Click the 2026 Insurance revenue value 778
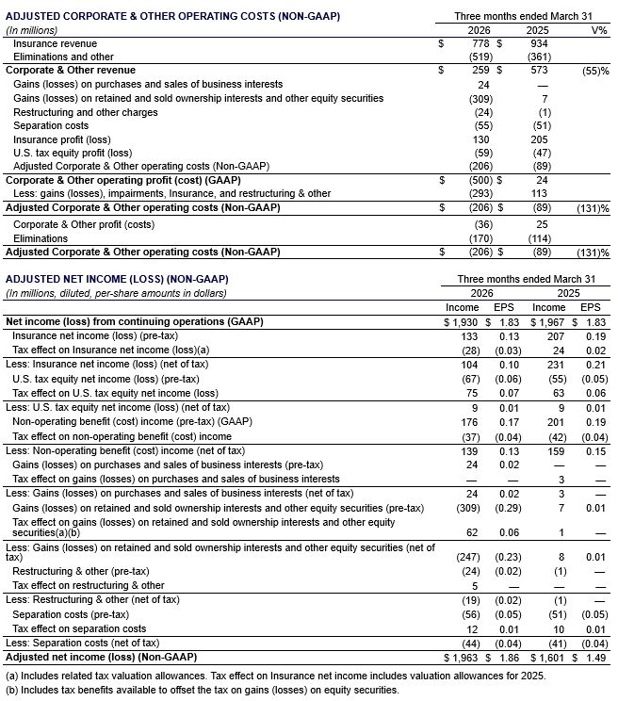click(x=480, y=43)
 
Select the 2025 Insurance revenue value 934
click(x=540, y=43)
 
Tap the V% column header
click(x=598, y=29)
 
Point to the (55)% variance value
click(x=595, y=71)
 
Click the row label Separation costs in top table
click(x=51, y=125)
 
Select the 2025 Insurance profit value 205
click(x=540, y=139)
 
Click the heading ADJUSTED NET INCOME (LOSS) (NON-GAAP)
click(x=118, y=280)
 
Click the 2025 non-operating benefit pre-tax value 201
click(x=546, y=423)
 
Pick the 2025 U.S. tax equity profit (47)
click(x=540, y=153)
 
